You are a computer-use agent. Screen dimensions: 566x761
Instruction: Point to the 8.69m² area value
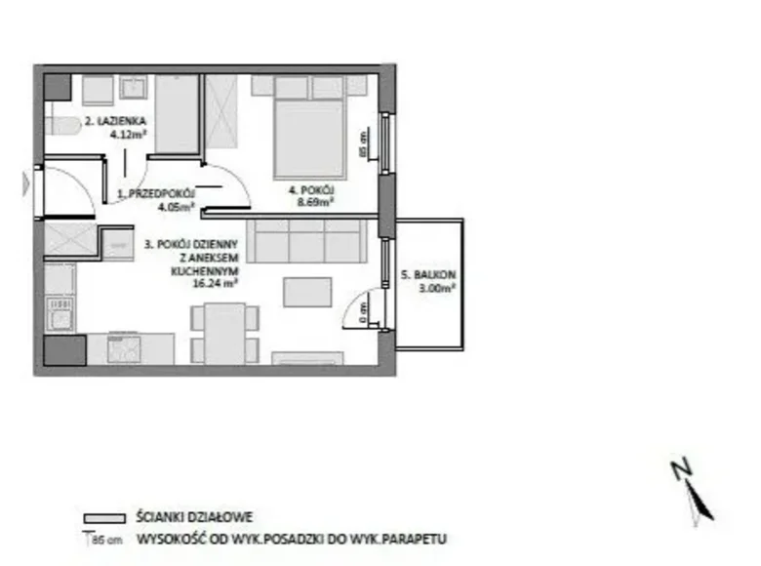coord(317,204)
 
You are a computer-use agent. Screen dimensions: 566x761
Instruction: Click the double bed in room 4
coord(308,133)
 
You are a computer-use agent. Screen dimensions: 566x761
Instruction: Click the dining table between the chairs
coord(224,332)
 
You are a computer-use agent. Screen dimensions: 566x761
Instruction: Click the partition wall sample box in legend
coord(105,518)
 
